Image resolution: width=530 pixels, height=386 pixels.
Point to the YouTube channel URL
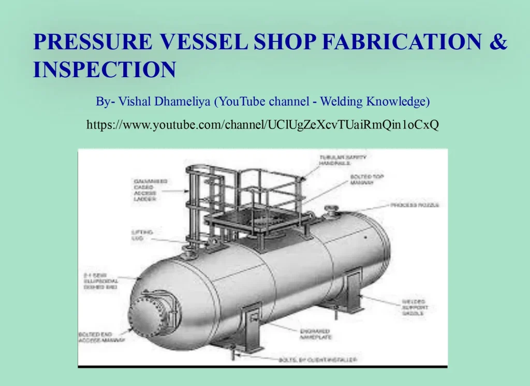tap(262, 125)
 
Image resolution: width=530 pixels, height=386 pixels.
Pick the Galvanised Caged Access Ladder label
tap(150, 190)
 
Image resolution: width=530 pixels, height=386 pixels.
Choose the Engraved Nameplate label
tap(314, 334)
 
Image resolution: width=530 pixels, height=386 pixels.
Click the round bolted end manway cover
tap(147, 316)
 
